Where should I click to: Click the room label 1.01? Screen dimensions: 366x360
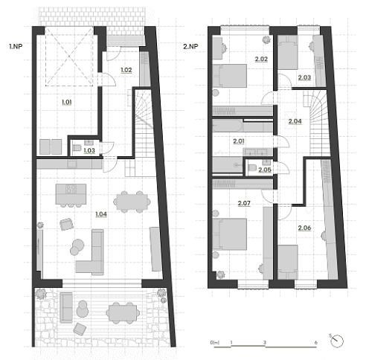click(x=67, y=102)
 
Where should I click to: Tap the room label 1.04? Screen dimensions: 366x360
click(x=101, y=214)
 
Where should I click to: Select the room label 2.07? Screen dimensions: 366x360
click(x=244, y=203)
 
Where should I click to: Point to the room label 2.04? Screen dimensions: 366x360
click(x=295, y=121)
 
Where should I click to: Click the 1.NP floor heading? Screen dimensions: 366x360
click(x=16, y=46)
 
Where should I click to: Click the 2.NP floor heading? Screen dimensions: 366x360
click(x=190, y=46)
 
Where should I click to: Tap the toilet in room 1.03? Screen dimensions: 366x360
click(x=77, y=148)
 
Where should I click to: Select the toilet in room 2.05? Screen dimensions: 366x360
click(x=252, y=168)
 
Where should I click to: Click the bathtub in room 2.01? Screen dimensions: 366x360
click(x=228, y=126)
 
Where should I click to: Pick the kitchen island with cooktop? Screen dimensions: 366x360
click(x=71, y=194)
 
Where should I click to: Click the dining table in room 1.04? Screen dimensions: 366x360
click(x=132, y=202)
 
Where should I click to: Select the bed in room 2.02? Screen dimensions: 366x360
click(x=230, y=76)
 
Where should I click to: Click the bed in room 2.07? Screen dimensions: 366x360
click(x=230, y=234)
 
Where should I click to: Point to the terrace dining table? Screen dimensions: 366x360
click(x=123, y=313)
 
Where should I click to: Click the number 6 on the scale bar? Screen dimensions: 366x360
click(x=316, y=343)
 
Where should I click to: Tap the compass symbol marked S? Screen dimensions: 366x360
click(x=337, y=341)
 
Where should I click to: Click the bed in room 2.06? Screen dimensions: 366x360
click(x=288, y=262)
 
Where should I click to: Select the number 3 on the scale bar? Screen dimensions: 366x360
click(x=265, y=343)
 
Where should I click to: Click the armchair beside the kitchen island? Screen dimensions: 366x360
click(x=66, y=224)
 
